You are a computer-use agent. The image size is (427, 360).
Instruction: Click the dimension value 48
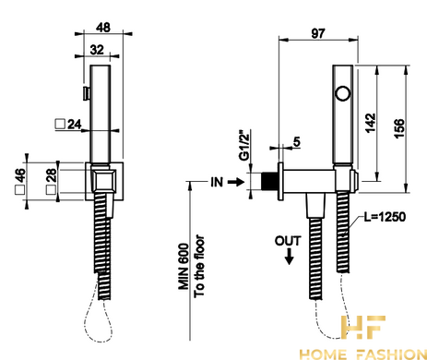(102, 28)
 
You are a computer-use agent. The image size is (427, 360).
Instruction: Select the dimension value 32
(97, 50)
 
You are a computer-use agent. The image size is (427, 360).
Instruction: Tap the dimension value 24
(74, 125)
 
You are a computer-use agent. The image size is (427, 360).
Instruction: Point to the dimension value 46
(20, 176)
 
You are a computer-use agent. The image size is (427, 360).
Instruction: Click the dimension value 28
(52, 175)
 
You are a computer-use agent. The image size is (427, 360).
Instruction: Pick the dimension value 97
(317, 33)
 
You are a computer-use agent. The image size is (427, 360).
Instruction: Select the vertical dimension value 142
(371, 123)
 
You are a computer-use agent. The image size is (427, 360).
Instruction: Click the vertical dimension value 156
(399, 128)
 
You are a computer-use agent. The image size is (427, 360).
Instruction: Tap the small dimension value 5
(296, 142)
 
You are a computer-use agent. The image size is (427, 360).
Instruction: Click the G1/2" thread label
(244, 146)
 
